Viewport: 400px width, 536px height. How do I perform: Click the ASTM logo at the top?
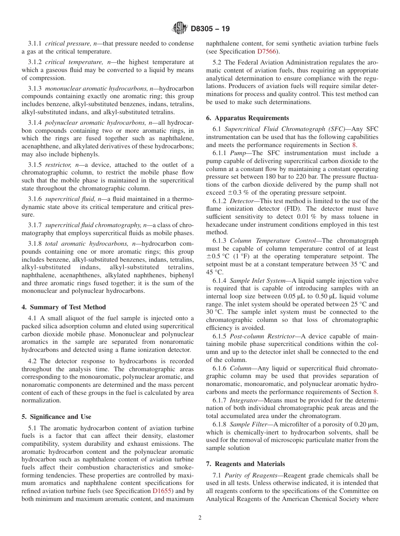(180, 29)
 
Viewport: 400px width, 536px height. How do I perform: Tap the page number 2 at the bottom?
(200, 518)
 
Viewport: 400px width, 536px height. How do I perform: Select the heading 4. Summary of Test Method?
(64, 307)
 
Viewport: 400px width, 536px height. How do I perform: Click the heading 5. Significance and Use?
(56, 417)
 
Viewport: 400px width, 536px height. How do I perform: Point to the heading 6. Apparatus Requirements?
(247, 118)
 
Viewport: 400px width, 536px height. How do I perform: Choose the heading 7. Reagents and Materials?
(245, 464)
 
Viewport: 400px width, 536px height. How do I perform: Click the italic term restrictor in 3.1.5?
(56, 165)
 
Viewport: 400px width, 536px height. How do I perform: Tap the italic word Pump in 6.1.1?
(237, 153)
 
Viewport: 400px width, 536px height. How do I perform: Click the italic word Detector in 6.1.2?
(241, 201)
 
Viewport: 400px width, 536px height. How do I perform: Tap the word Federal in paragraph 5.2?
(248, 62)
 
